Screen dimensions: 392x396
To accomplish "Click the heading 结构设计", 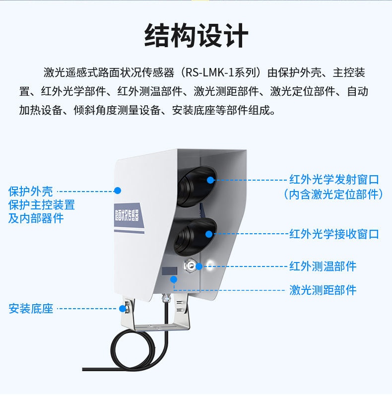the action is (196, 35).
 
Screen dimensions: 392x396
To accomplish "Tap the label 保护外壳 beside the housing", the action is (31, 192).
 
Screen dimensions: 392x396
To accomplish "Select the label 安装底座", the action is (31, 309).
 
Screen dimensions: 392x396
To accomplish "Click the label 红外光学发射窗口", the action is (334, 180).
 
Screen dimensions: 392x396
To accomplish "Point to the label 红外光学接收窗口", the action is (334, 234).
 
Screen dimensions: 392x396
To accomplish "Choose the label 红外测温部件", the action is (323, 266).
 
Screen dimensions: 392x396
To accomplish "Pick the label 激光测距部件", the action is (323, 290).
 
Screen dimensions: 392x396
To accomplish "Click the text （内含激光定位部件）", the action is (333, 195).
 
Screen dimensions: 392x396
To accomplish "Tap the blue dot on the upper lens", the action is (210, 180).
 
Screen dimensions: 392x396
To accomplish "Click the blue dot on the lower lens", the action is (209, 234).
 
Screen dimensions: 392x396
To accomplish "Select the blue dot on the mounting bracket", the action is (123, 309).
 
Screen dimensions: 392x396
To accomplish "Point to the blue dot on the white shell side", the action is (118, 191).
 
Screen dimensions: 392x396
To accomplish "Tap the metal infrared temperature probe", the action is (190, 265).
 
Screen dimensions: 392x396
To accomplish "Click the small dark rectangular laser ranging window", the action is (170, 271).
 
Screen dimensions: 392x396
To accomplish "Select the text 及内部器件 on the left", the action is (36, 218).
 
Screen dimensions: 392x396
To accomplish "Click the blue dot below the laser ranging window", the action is (174, 279).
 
